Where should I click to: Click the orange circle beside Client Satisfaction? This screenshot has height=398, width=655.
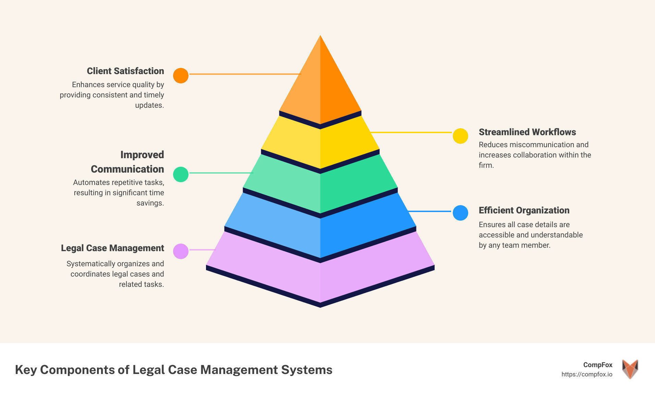pyautogui.click(x=181, y=75)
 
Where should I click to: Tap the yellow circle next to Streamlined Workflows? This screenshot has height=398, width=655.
pyautogui.click(x=460, y=136)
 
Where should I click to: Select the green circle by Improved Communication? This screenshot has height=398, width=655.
pyautogui.click(x=181, y=174)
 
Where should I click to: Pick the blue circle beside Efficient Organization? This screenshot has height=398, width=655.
pyautogui.click(x=460, y=213)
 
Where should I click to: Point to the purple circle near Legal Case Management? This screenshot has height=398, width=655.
pyautogui.click(x=181, y=251)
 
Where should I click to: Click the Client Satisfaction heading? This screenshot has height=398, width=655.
pyautogui.click(x=125, y=71)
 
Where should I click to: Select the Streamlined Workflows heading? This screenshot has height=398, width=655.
pyautogui.click(x=527, y=132)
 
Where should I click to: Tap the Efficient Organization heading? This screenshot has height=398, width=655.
pyautogui.click(x=524, y=210)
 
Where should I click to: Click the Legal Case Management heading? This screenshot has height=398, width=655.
pyautogui.click(x=112, y=248)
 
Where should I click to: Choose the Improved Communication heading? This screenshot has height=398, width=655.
pyautogui.click(x=128, y=162)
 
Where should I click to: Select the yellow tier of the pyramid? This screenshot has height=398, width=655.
pyautogui.click(x=320, y=144)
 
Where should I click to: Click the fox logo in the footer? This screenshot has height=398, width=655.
pyautogui.click(x=630, y=369)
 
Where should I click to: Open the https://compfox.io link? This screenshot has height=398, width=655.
pyautogui.click(x=587, y=374)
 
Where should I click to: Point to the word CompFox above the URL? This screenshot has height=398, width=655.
pyautogui.click(x=598, y=365)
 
